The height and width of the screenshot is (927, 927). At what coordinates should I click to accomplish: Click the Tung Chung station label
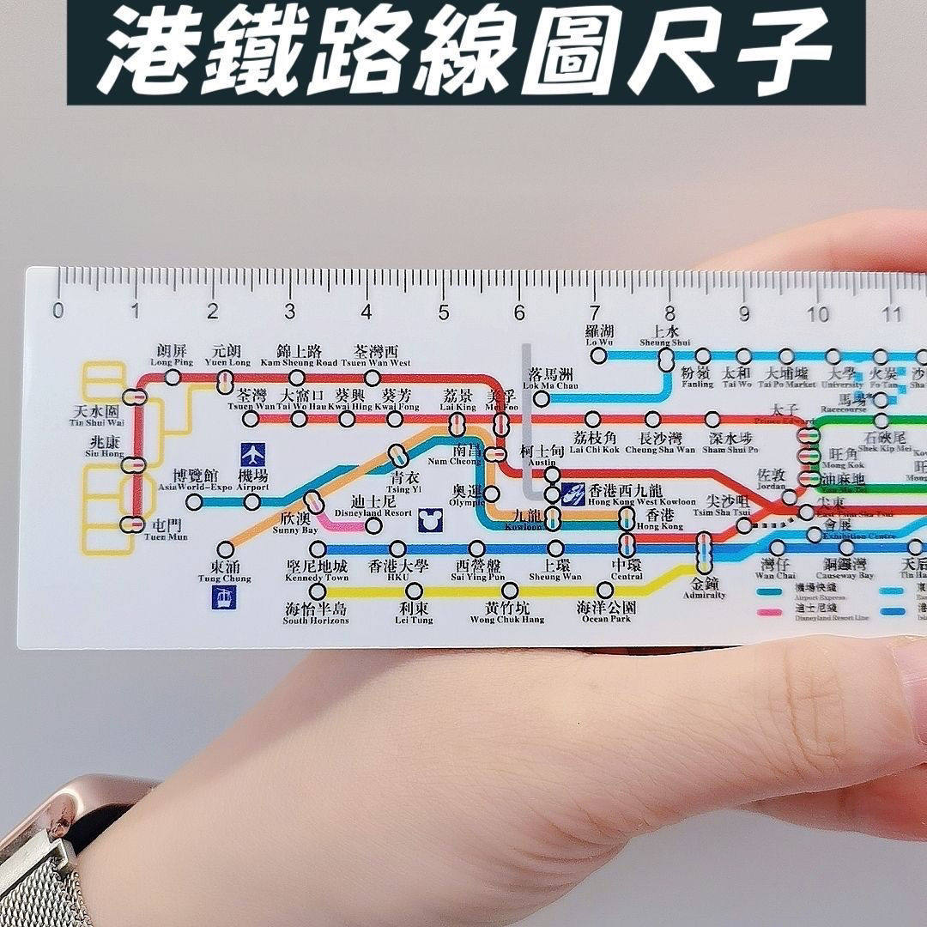225,572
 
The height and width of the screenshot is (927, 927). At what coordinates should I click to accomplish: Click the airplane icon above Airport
252,453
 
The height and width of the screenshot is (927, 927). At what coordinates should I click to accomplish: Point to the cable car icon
224,597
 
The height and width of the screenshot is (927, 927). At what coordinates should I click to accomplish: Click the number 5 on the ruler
443,311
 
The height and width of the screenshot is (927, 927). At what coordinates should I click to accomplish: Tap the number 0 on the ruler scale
58,311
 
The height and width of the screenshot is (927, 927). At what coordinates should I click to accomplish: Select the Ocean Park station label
607,612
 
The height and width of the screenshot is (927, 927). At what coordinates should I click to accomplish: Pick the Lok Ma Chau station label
550,379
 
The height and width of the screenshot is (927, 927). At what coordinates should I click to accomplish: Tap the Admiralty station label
704,588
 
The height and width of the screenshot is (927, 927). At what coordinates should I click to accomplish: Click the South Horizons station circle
318,591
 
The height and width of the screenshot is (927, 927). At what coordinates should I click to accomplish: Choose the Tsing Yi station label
406,483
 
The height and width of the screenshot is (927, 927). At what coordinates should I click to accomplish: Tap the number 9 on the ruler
744,312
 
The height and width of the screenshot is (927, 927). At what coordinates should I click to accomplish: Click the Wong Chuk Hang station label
507,612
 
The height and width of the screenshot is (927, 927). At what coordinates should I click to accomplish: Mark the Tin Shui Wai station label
95,416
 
